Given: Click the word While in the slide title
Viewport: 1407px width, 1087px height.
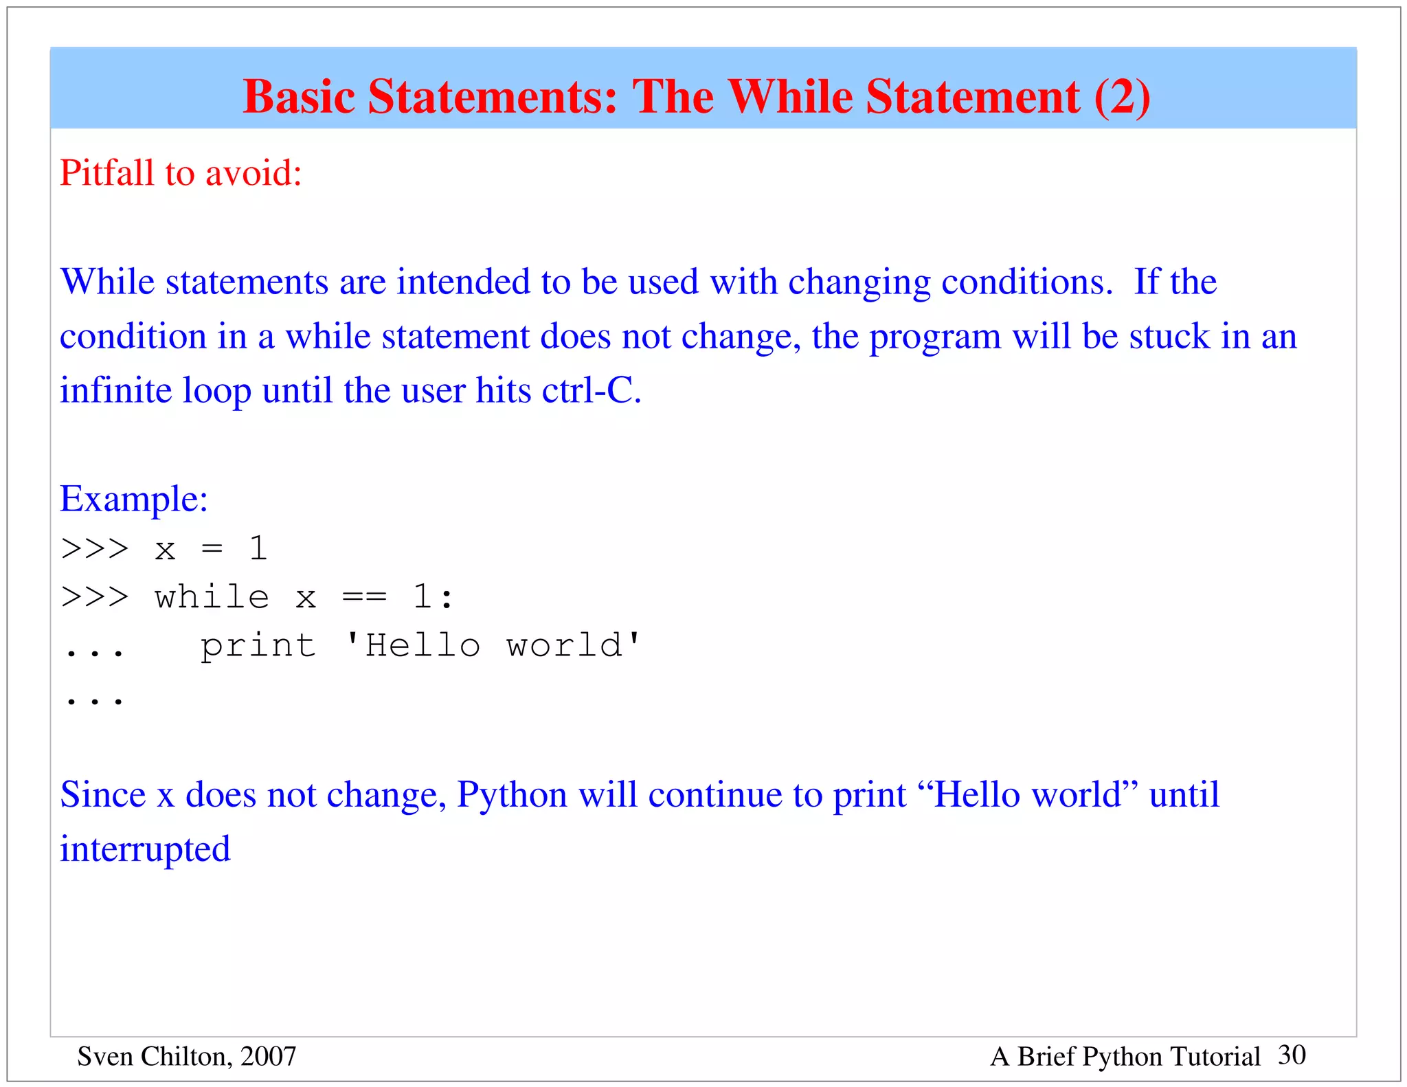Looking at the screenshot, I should (x=791, y=96).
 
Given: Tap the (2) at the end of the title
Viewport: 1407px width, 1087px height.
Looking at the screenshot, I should (x=1122, y=96).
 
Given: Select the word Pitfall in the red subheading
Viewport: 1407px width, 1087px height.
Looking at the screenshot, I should (x=106, y=172).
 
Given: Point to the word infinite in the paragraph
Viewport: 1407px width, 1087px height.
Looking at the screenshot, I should (x=115, y=390).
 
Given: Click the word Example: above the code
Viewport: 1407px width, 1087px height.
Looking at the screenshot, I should (x=134, y=499).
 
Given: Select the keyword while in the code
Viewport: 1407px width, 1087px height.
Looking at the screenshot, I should (x=212, y=596).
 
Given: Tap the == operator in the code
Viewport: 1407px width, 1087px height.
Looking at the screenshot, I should (x=364, y=596).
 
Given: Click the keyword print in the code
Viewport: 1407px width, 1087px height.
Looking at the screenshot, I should (x=258, y=646).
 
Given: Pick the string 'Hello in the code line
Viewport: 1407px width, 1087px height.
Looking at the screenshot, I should (x=412, y=645).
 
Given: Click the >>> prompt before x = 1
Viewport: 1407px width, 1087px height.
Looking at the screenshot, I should (x=95, y=548).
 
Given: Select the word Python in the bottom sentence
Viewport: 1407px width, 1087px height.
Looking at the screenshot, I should (x=512, y=795).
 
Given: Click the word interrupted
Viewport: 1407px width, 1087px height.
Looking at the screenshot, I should (x=145, y=849).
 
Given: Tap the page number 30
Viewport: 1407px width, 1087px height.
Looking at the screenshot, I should (x=1292, y=1055).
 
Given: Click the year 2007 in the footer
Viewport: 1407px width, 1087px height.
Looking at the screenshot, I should (x=268, y=1056).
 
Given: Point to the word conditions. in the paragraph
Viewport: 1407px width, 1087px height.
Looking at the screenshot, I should (x=1026, y=282).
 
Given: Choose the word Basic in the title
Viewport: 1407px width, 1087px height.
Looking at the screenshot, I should (x=300, y=96).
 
